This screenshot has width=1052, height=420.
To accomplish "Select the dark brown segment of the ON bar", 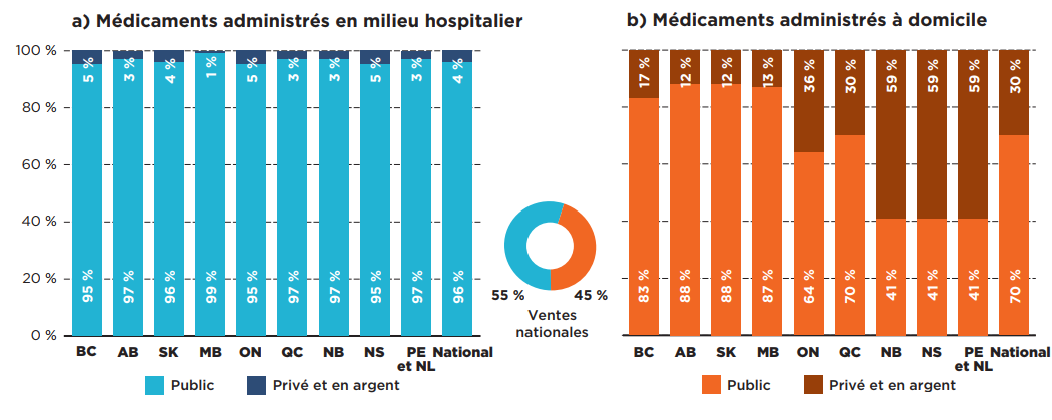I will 809,100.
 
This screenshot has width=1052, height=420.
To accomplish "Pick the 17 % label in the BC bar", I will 644,74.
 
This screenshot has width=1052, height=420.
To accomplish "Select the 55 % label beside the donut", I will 508,295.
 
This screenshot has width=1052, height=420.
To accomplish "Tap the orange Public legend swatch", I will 712,385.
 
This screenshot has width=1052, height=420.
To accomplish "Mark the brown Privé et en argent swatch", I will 812,385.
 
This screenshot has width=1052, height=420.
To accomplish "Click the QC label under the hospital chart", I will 292,352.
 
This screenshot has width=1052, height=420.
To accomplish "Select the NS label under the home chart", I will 932,352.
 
